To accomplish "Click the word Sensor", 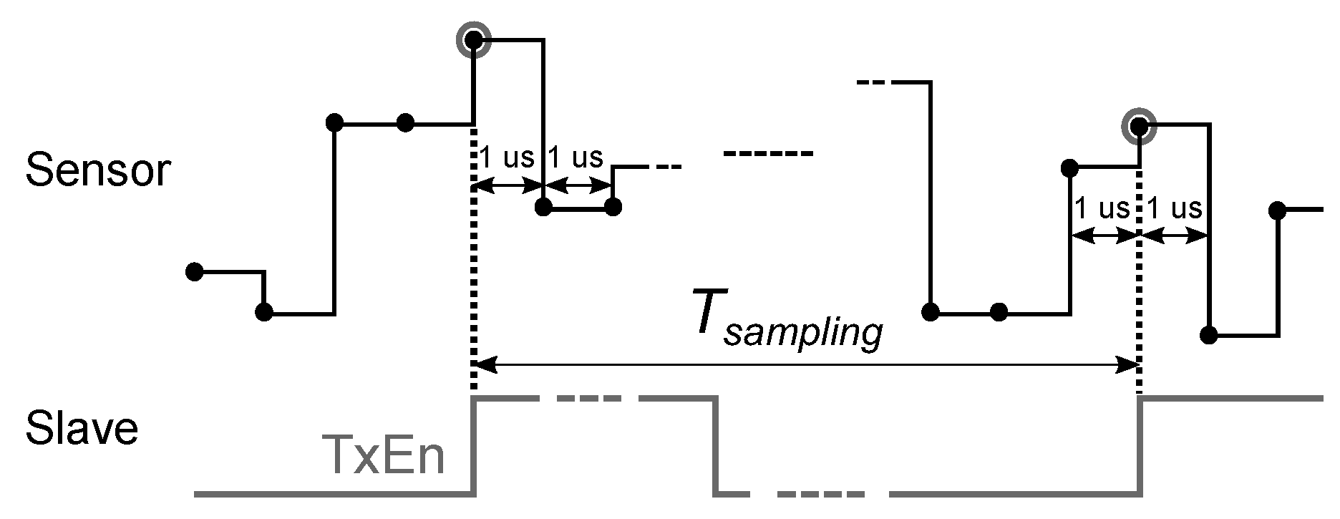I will click(98, 172).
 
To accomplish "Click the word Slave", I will click(82, 430).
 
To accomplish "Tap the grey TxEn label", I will click(384, 455).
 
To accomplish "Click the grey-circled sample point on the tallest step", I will click(474, 40).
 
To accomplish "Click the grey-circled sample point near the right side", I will click(1138, 127).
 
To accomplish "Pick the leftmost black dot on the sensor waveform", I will click(194, 271).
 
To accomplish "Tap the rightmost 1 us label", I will click(1174, 208).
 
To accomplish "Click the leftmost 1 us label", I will click(506, 157).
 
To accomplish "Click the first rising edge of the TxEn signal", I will click(474, 444).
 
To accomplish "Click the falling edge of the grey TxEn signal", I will click(716, 444).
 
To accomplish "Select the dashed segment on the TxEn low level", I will click(820, 494).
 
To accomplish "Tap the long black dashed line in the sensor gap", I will click(767, 154).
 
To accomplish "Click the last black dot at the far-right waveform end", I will click(1276, 210).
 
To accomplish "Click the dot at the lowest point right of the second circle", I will click(1208, 335).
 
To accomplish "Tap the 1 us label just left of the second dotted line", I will click(1102, 208).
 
